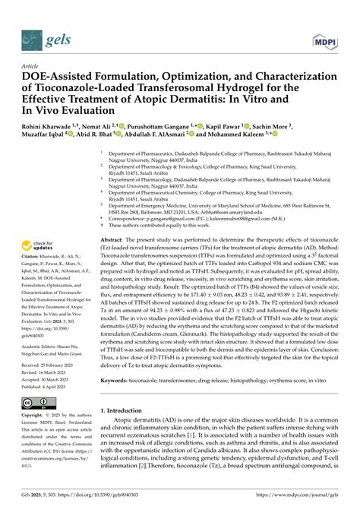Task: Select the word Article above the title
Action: [31, 66]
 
